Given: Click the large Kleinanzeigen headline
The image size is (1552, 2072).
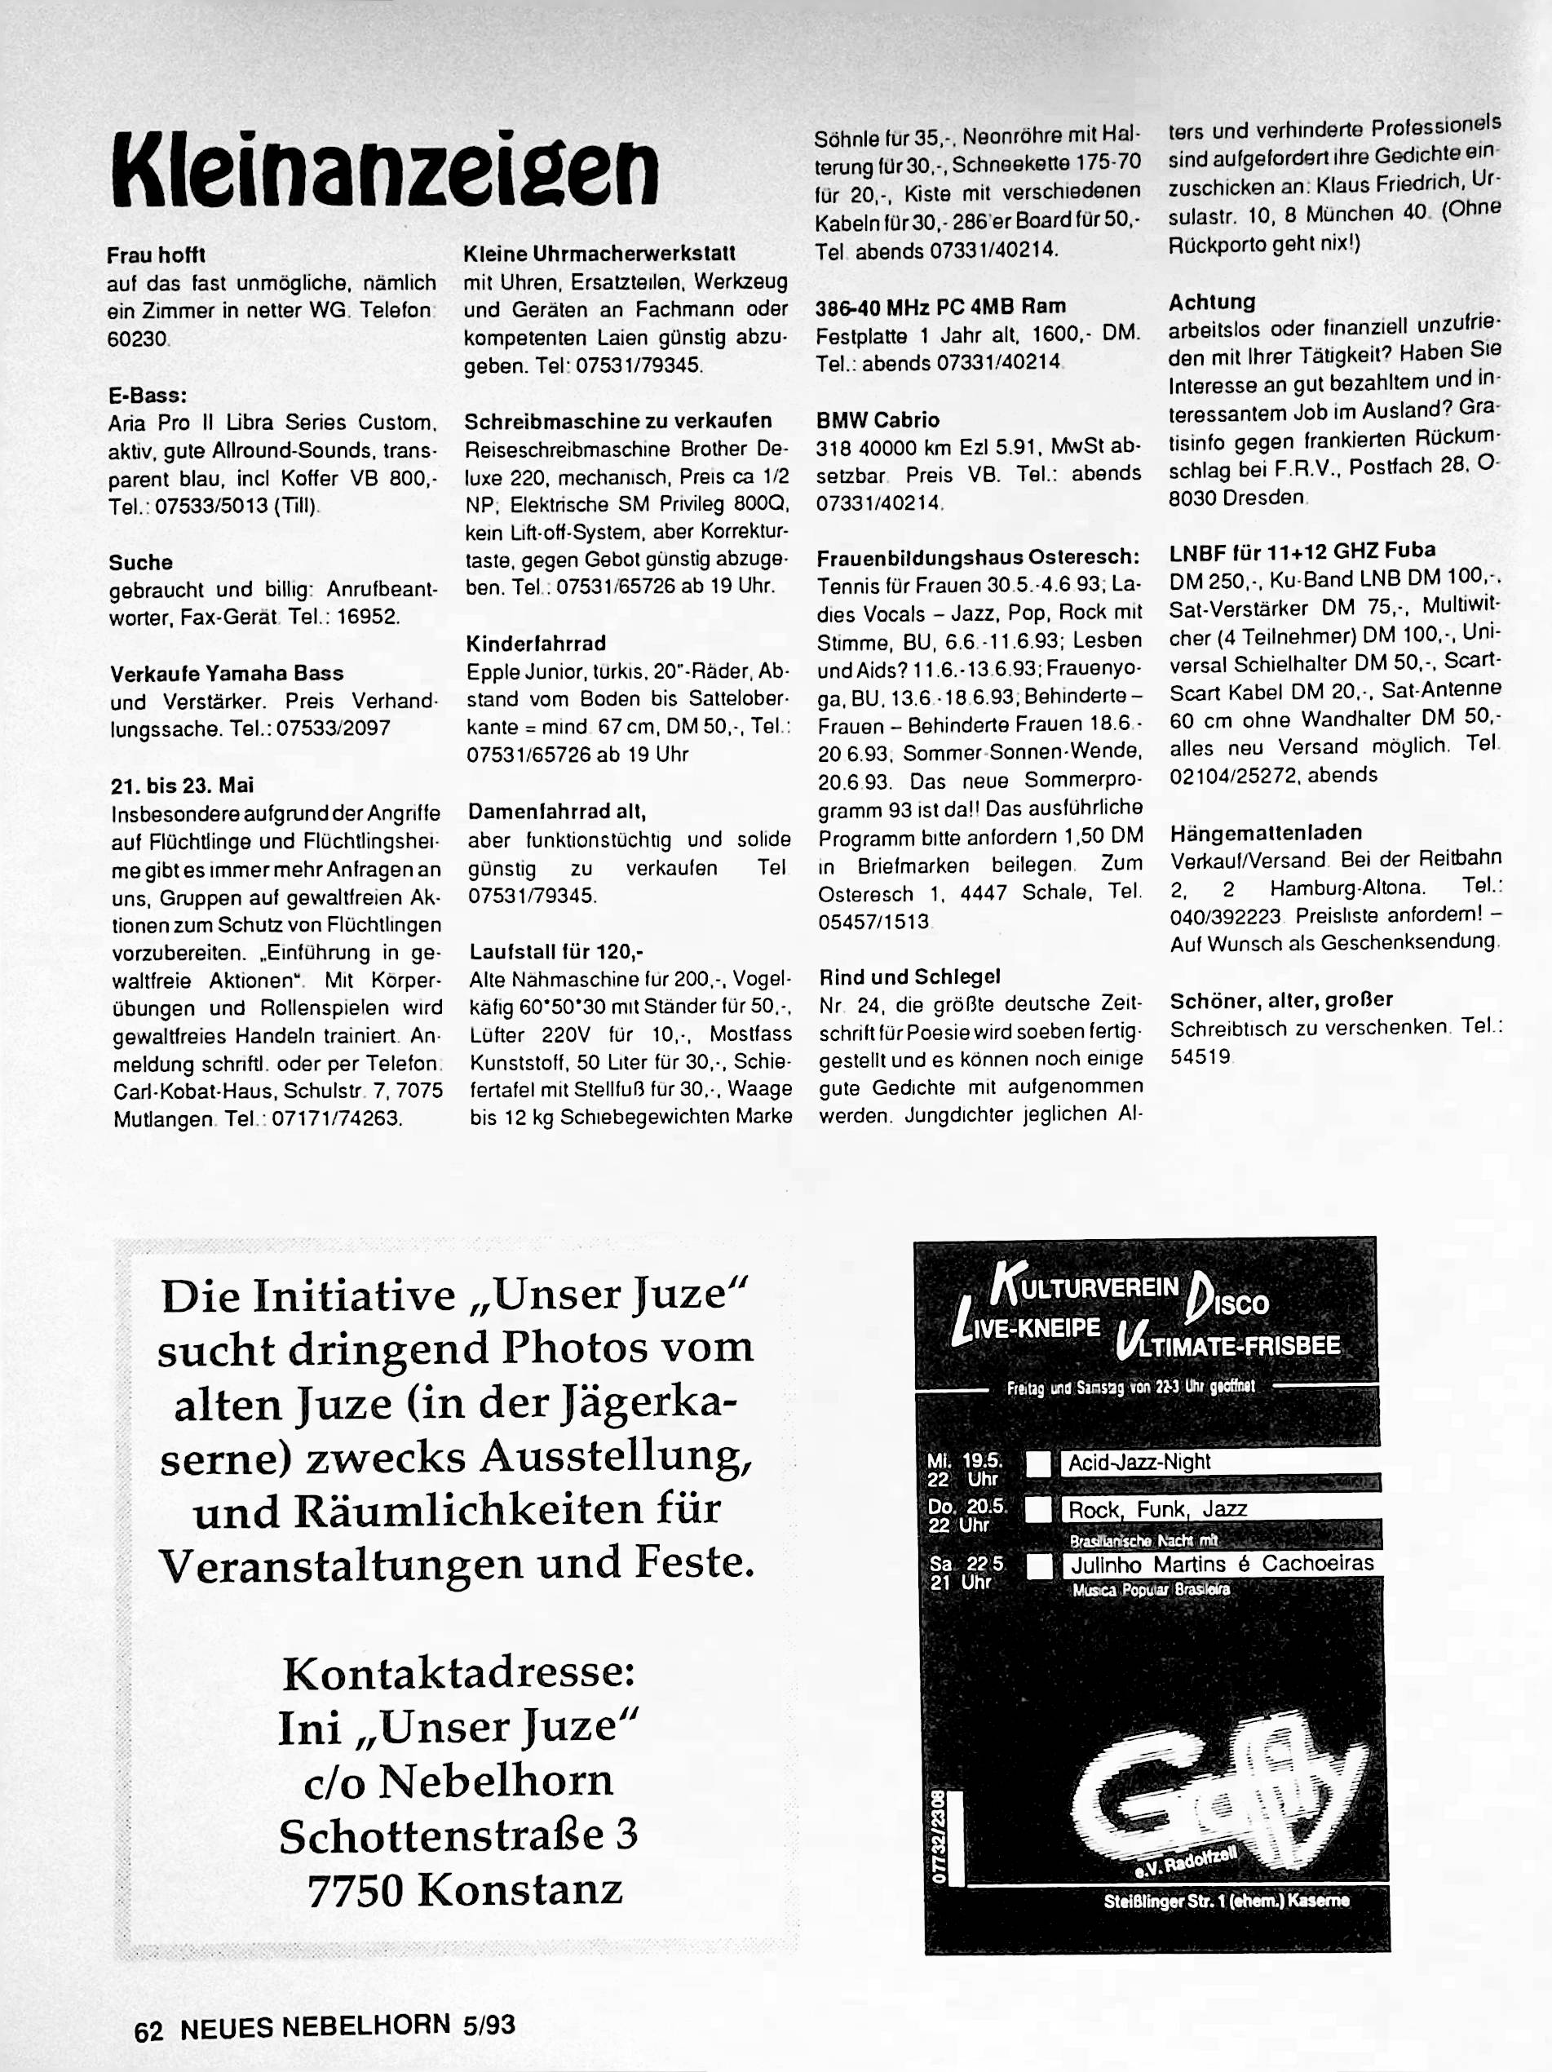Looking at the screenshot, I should [x=384, y=169].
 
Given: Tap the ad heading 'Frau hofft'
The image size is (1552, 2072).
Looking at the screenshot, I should [x=156, y=255].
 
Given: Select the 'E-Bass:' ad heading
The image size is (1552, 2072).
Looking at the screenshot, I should [x=148, y=396].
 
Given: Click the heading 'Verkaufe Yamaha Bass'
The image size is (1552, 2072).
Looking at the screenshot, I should [x=227, y=674].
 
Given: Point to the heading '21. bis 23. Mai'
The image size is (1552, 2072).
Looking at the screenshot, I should [x=182, y=785].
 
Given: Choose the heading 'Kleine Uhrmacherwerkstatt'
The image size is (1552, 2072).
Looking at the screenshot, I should [x=599, y=253].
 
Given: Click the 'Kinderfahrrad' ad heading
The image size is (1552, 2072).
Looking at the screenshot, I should [x=536, y=644].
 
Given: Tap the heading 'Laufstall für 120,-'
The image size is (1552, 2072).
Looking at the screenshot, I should [x=556, y=952].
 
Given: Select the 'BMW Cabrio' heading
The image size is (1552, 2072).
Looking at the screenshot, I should [x=878, y=419].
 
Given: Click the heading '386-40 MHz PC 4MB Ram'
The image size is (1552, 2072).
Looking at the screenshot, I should [x=940, y=306].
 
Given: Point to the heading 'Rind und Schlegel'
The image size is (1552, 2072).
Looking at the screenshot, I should [x=909, y=977].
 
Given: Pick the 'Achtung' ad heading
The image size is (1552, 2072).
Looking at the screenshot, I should [x=1211, y=302].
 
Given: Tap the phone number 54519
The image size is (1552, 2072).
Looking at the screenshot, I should [x=1200, y=1056].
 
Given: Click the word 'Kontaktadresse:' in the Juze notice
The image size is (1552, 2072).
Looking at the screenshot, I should [x=459, y=1673].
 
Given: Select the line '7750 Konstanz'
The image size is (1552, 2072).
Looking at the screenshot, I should [x=465, y=1890].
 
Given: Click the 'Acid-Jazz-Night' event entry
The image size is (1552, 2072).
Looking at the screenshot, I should [x=1139, y=1462].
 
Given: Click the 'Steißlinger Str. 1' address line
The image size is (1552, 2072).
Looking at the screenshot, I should [x=1226, y=1901].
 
